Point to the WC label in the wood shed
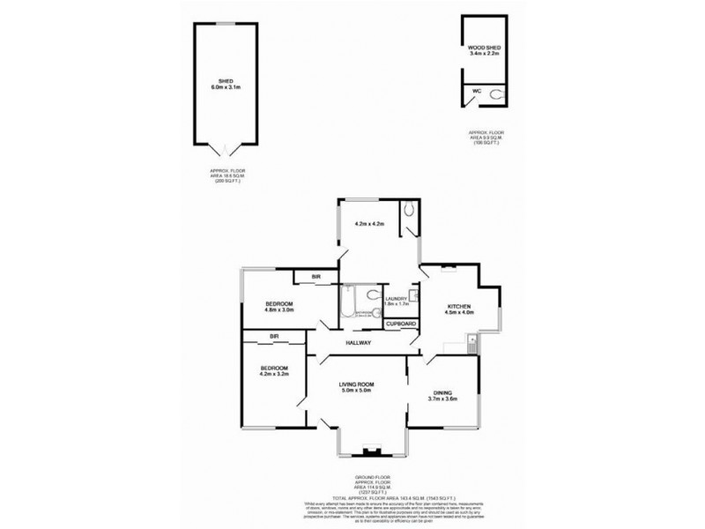click(476, 91)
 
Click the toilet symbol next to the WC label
click(496, 91)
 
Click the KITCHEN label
click(444, 305)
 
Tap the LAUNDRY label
click(396, 298)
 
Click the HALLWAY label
click(358, 342)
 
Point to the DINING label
click(443, 392)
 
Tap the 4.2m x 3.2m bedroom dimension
click(273, 375)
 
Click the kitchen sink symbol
click(472, 340)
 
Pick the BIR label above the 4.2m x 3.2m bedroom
click(274, 336)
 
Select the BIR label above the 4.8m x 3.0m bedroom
click(316, 278)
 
